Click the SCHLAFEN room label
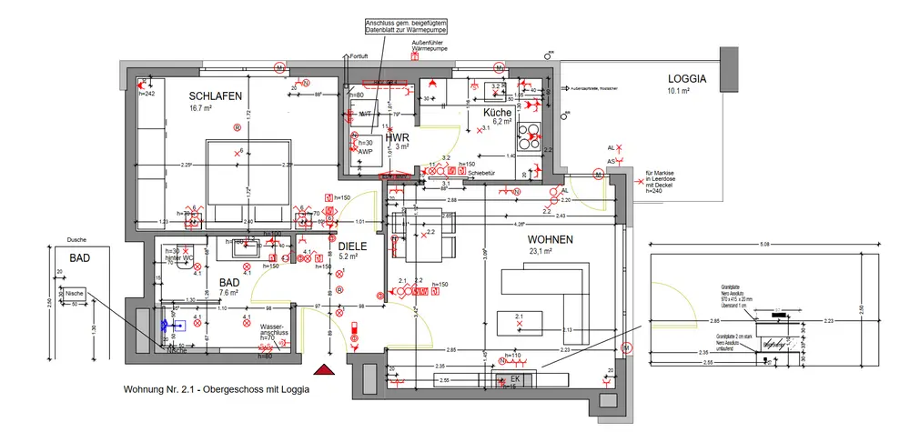pos(215,96)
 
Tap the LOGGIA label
pos(687,79)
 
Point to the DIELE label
pos(351,246)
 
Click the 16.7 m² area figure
pos(201,109)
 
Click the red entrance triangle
pos(322,368)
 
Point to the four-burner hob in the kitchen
pos(529,136)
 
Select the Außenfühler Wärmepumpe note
pos(432,45)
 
